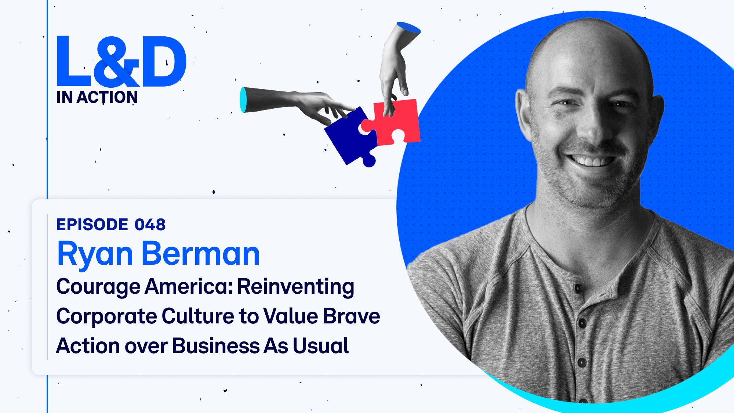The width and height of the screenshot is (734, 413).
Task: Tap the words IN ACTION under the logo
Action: [97, 97]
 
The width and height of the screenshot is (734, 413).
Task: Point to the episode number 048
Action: [150, 225]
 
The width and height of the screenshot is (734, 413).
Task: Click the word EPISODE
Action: [92, 225]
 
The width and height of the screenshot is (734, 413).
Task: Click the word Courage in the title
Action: [98, 287]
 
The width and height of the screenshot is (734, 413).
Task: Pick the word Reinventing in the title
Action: [296, 287]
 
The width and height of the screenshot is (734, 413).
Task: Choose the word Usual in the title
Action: [321, 346]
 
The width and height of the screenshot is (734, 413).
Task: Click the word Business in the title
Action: [216, 346]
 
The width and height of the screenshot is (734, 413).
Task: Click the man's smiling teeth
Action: [591, 160]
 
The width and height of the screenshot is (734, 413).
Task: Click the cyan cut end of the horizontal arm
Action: [243, 100]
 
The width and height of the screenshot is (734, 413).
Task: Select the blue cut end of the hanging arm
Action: [408, 28]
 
